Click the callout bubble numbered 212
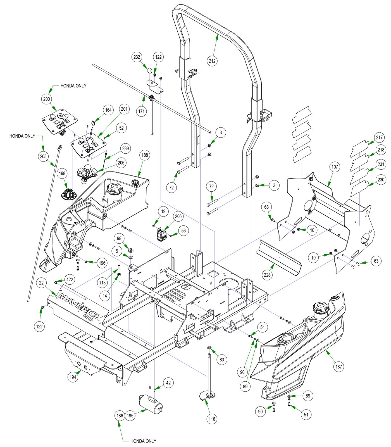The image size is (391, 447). coord(212,61)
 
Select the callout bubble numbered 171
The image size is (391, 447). coord(142,111)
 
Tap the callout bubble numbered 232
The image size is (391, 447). coord(137,57)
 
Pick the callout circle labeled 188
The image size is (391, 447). coord(145,155)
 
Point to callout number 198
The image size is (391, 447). coord(62,173)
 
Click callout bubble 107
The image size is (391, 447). coord(335,167)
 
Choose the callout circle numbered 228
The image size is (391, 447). coord(267,275)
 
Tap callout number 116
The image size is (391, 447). coord(212,419)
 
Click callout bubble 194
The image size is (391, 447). coord(73,377)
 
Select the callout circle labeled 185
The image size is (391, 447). coord(130,415)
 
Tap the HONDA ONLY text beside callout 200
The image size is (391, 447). coord(73,86)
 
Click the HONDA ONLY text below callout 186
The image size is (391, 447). coord(143,441)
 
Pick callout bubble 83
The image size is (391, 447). coord(222,359)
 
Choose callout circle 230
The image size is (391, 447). coord(381,180)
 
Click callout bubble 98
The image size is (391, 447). coord(119,238)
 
